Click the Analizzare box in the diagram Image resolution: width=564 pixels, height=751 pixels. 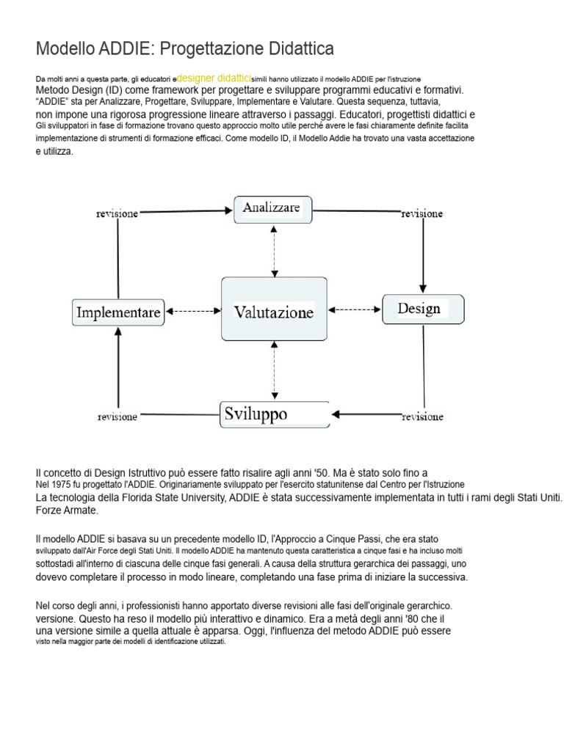tap(272, 209)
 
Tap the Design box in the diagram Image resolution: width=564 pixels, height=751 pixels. tap(422, 309)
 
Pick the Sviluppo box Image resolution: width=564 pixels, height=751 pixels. tap(275, 414)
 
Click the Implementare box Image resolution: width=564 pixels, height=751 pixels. tap(118, 312)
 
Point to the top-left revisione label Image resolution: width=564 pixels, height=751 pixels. tap(117, 213)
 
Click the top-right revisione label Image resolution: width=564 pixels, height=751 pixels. tap(422, 214)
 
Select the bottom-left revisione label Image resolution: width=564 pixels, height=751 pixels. tap(117, 417)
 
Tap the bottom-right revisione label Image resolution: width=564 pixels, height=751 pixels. tap(422, 417)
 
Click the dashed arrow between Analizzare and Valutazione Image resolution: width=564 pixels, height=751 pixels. tap(274, 250)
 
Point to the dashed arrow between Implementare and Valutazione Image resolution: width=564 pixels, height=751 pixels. tap(193, 311)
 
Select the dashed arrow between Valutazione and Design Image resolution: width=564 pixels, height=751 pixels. tap(355, 309)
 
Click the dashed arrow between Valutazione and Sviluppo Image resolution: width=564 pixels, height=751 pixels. tap(274, 371)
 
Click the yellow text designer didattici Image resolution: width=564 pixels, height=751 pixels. tap(214, 77)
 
